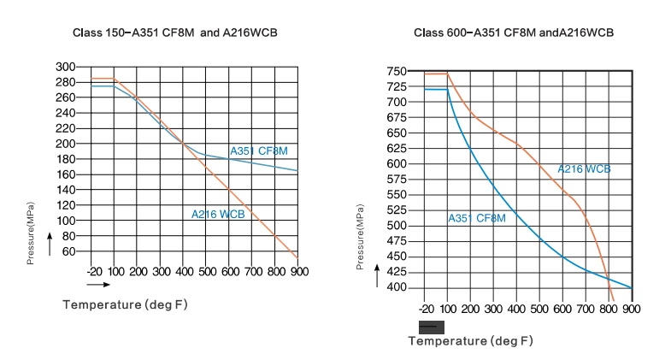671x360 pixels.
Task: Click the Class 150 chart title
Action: point(175,32)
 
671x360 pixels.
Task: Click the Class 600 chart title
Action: point(514,32)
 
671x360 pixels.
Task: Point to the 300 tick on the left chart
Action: point(66,67)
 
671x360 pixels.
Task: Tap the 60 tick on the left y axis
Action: point(69,251)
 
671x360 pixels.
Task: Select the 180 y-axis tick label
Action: point(66,159)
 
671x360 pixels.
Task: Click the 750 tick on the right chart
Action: point(397,72)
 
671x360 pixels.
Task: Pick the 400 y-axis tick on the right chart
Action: point(397,287)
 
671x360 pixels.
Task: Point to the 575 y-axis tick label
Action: point(397,179)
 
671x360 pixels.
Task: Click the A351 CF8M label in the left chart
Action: point(259,150)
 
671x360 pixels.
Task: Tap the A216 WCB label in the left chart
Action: point(218,214)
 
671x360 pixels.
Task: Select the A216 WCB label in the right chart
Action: point(584,169)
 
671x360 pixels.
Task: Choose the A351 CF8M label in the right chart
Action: point(477,218)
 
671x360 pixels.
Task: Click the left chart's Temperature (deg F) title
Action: point(125,304)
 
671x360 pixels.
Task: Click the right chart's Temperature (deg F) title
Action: point(470,340)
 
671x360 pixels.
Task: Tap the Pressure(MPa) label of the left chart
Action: point(30,233)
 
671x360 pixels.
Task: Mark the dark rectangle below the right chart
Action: point(432,328)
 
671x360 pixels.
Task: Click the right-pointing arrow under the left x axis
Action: point(98,285)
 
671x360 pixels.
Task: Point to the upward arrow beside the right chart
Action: point(377,275)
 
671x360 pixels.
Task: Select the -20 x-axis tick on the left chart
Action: point(95,271)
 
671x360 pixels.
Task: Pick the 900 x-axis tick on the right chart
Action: point(631,309)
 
